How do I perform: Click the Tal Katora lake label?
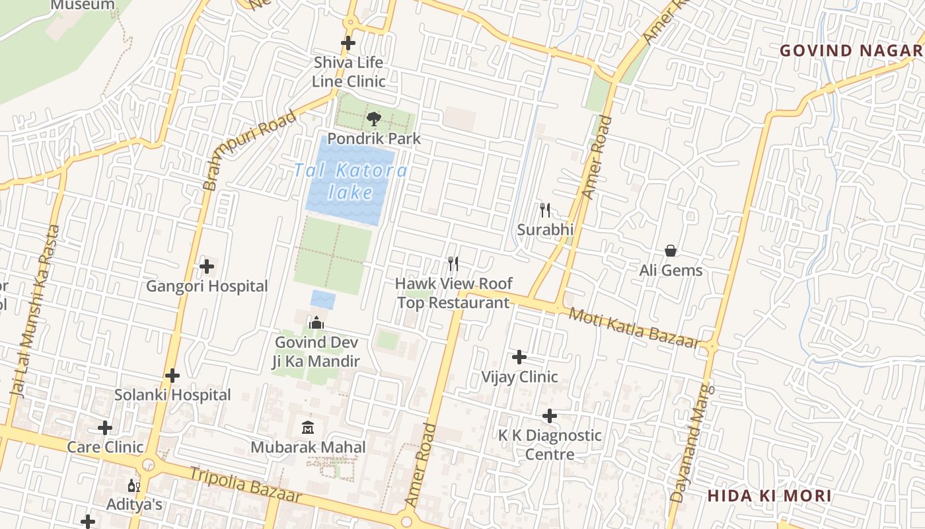350,181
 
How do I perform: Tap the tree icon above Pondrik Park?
374,120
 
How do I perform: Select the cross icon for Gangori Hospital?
207,266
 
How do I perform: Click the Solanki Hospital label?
172,395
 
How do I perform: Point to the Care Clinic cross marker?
105,428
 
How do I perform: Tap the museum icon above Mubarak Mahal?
308,428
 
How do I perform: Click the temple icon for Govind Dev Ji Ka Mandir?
316,323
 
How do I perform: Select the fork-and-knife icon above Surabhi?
545,210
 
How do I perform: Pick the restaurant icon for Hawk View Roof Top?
453,264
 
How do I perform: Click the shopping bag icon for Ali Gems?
671,251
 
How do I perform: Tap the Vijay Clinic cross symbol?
519,357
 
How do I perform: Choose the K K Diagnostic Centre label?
550,444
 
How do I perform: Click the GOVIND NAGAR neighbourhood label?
851,51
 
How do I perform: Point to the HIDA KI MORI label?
769,496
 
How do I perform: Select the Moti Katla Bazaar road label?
634,328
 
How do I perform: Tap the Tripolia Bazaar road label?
245,485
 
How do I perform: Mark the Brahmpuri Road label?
249,151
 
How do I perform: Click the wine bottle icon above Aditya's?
133,486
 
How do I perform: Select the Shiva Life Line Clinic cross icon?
348,44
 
